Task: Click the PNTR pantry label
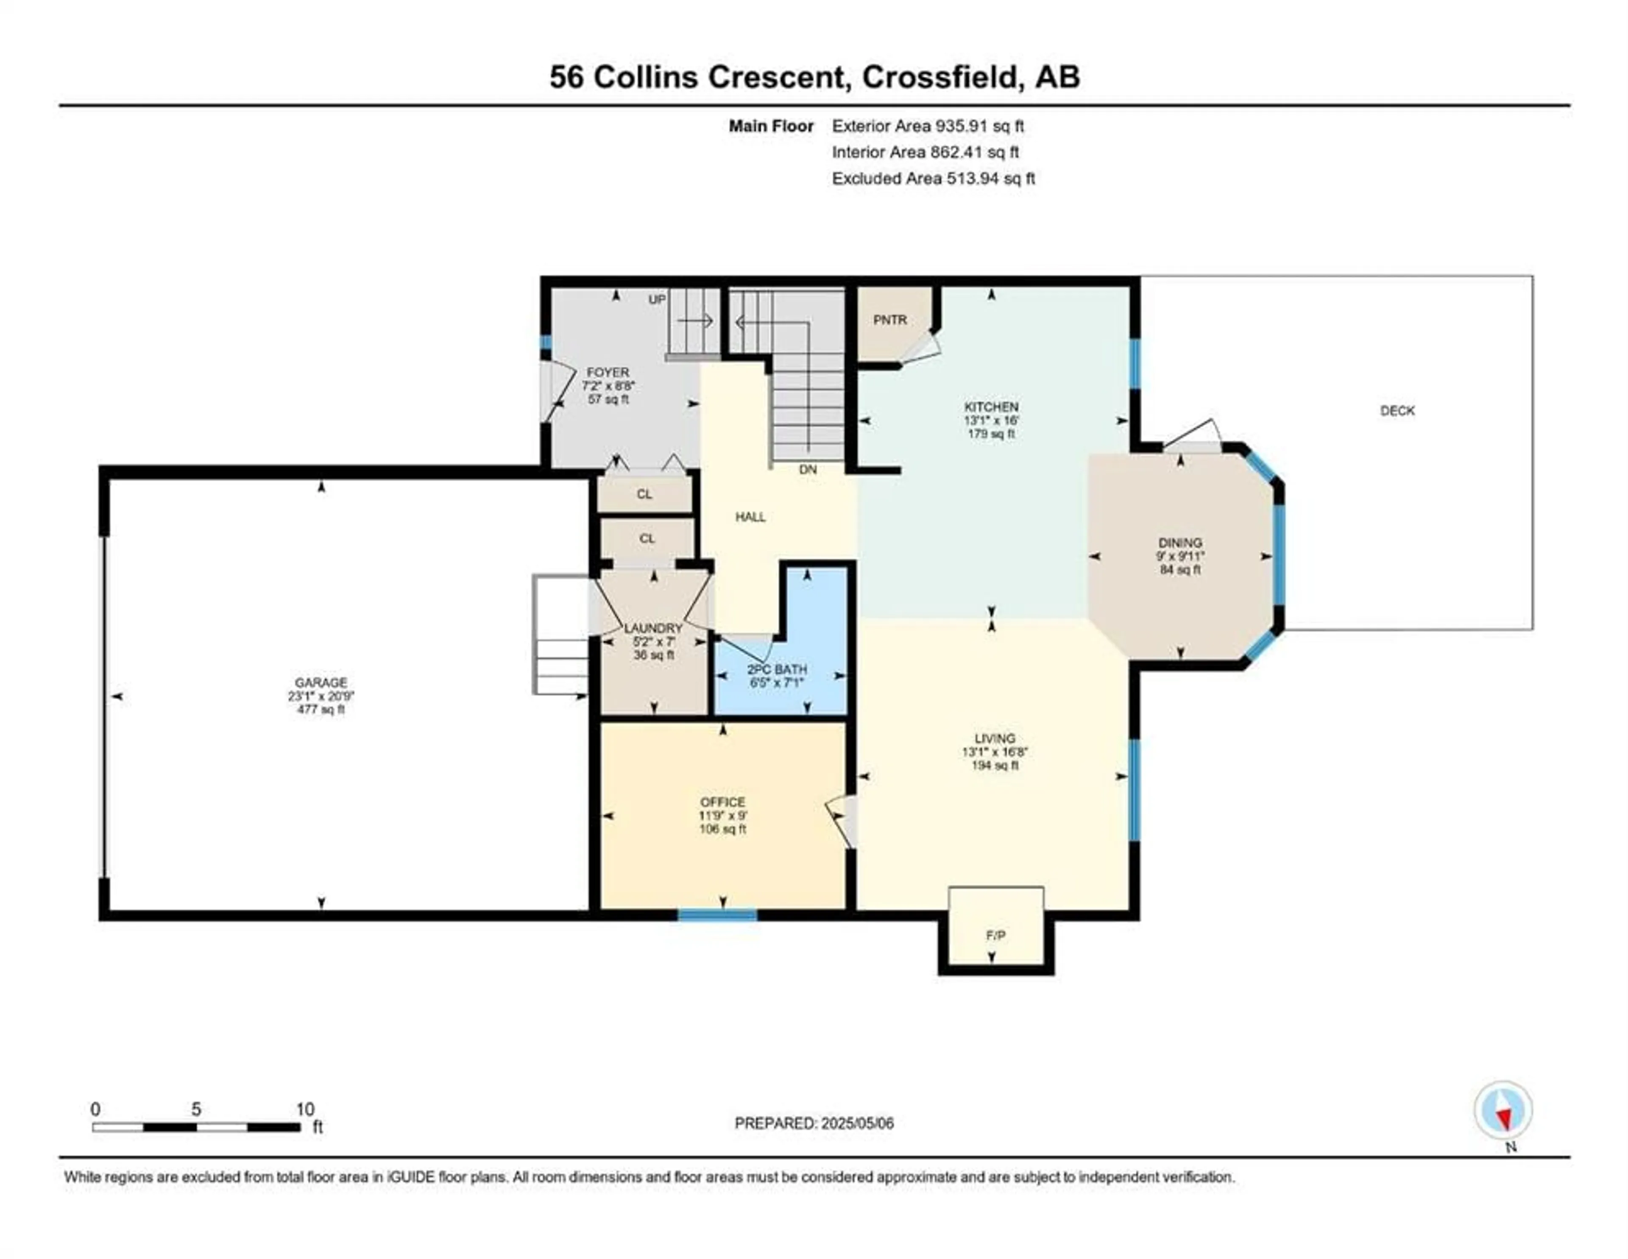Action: point(890,320)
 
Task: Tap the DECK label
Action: point(1397,411)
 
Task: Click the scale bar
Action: point(196,1127)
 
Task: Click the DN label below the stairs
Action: point(808,470)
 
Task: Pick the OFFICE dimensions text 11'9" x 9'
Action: point(722,816)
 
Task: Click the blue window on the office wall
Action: point(717,915)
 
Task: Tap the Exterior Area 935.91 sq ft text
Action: point(928,126)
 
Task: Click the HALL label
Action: point(751,517)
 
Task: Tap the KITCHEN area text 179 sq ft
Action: point(991,434)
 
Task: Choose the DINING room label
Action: point(1180,543)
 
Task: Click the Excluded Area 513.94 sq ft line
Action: point(933,178)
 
